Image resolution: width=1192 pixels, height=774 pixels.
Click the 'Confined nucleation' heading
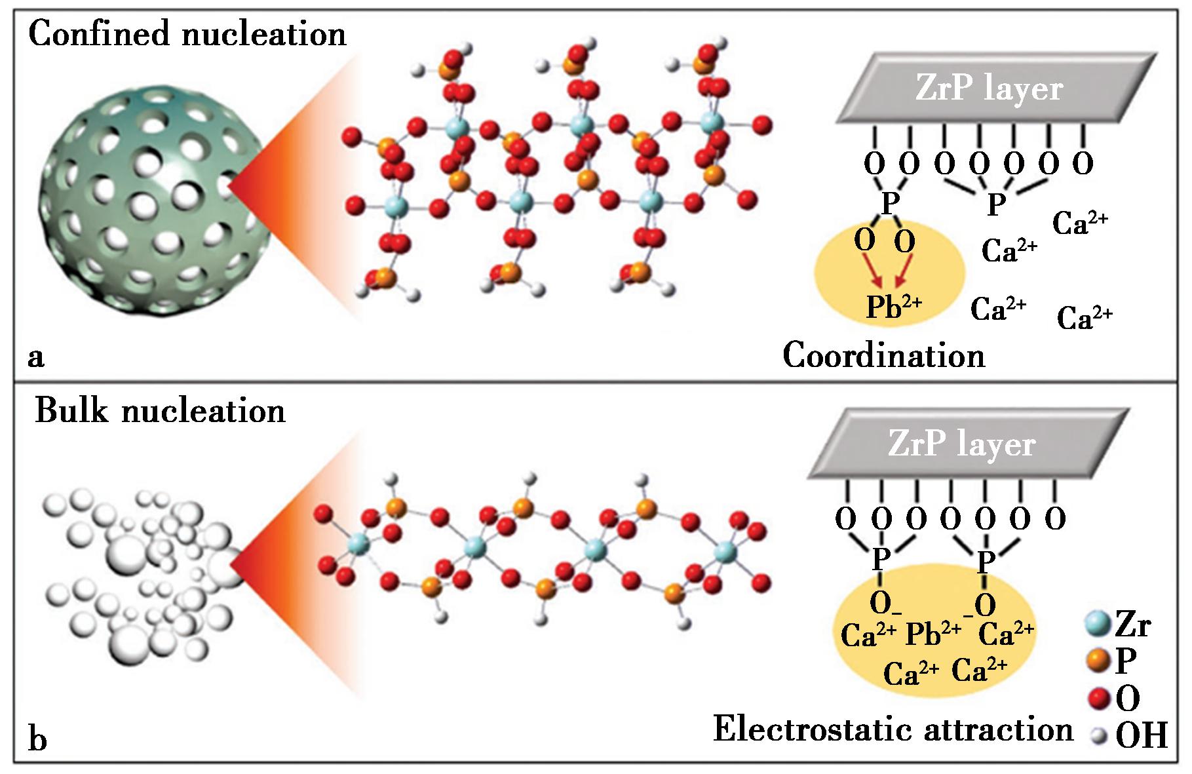187,34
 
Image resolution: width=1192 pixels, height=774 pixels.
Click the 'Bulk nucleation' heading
161,411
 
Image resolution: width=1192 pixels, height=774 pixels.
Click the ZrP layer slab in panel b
967,444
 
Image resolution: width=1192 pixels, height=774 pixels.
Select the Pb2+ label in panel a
894,307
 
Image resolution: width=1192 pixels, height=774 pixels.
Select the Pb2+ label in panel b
933,633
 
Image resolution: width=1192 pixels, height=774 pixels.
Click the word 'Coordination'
884,356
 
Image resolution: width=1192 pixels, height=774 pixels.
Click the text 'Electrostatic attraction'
893,729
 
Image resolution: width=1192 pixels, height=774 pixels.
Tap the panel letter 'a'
36,358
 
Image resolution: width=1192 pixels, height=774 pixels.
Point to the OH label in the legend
1142,737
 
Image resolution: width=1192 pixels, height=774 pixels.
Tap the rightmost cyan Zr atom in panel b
725,552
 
